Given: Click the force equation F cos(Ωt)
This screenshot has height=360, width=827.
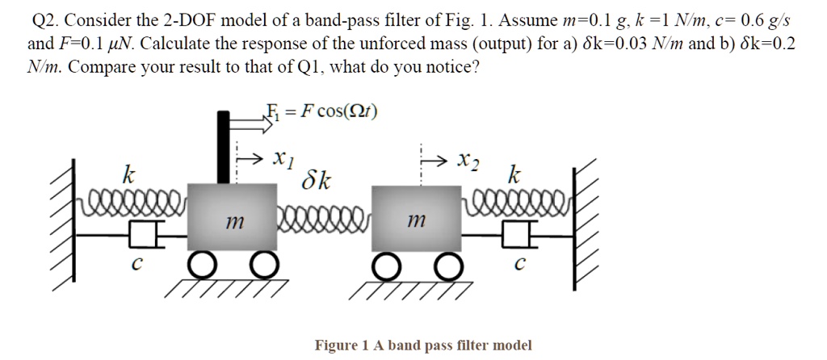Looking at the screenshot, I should [x=321, y=111].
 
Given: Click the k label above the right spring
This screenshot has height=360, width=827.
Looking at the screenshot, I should [x=514, y=174].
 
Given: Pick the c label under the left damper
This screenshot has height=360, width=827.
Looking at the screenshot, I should [x=138, y=264].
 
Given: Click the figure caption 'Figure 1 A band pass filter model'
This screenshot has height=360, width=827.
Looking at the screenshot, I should [x=423, y=345].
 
